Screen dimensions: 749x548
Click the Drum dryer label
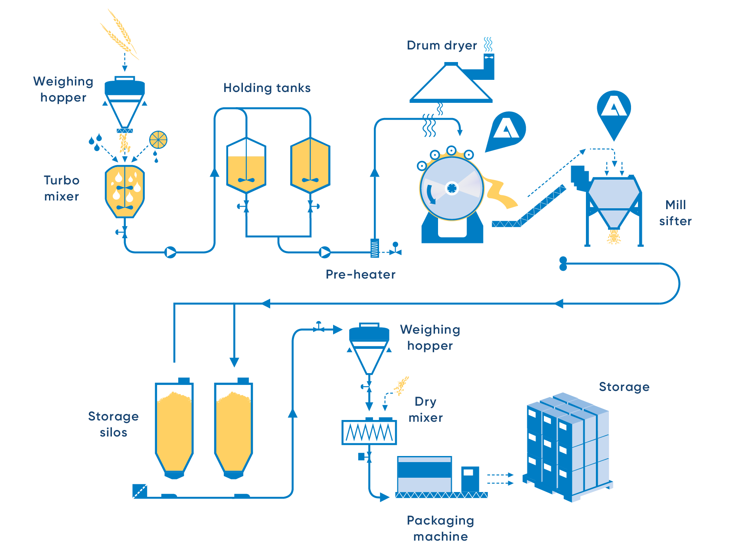(x=442, y=46)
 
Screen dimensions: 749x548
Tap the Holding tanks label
(x=267, y=88)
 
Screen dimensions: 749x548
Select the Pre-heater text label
(x=360, y=274)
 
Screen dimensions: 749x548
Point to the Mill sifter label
(x=675, y=213)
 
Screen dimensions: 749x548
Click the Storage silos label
(x=113, y=424)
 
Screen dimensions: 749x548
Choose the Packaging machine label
(x=440, y=528)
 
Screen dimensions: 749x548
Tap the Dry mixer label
(x=425, y=409)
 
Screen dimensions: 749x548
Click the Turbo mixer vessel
(x=125, y=191)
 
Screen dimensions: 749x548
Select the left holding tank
(x=246, y=165)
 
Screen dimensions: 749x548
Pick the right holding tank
(x=311, y=165)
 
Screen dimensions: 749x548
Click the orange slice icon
(x=158, y=140)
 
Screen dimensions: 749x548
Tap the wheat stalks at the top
(x=119, y=34)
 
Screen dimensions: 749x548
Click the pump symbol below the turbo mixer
(x=171, y=252)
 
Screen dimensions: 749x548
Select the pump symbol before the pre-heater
(x=325, y=252)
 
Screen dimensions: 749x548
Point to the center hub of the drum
(x=452, y=188)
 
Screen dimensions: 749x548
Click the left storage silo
(x=174, y=428)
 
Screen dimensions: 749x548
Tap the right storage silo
(x=234, y=428)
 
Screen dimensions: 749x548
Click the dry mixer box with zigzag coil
(x=369, y=432)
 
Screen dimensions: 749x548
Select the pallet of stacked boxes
(x=568, y=447)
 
